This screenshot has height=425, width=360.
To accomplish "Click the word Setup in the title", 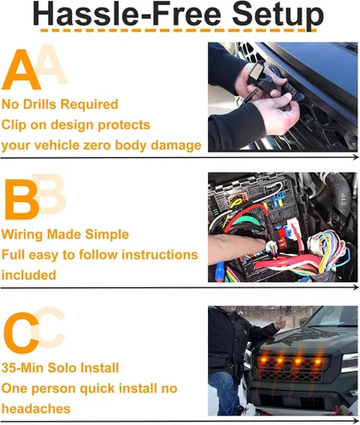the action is point(278,15).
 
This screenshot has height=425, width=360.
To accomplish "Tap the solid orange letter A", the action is point(21,70).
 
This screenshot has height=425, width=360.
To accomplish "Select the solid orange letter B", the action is point(21,200).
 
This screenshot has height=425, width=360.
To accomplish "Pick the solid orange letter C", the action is point(21,332).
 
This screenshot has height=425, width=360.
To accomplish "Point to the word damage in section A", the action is point(176,145).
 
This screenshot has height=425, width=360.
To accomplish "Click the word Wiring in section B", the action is point(22,235).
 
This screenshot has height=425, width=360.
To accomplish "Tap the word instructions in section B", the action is point(160,255).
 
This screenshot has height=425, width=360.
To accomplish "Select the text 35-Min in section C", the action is point(22,368).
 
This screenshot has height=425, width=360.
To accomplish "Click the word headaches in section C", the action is point(36,409).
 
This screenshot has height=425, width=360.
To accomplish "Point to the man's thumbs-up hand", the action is point(280,322).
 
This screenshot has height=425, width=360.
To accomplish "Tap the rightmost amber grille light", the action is point(318,361).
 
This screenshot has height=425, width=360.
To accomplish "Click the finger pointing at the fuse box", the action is point(237,246).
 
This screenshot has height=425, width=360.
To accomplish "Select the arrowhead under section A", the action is point(356,157).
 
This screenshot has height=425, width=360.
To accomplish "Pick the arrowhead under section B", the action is point(356,288).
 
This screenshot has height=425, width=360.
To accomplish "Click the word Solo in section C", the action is point(62,368).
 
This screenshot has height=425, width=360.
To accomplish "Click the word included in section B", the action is point(29,275).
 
